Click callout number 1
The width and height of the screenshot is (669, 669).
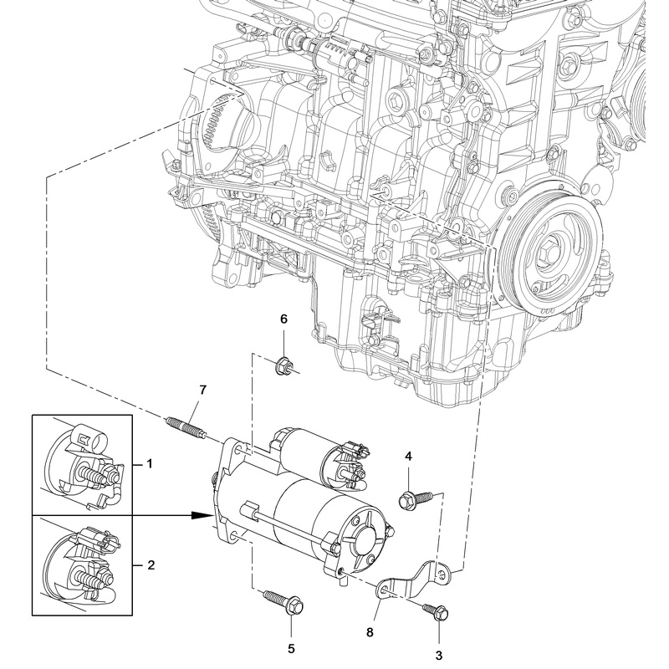coord(151,462)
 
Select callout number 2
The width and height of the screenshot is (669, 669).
coord(151,566)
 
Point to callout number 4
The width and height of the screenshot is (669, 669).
coord(409,457)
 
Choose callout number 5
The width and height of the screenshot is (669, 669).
coord(292,647)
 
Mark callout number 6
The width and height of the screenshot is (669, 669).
coord(283,319)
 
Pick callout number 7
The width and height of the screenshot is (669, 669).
coord(201,390)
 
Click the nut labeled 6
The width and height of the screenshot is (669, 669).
coord(283,364)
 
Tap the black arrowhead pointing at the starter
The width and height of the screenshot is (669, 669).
coord(199,516)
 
